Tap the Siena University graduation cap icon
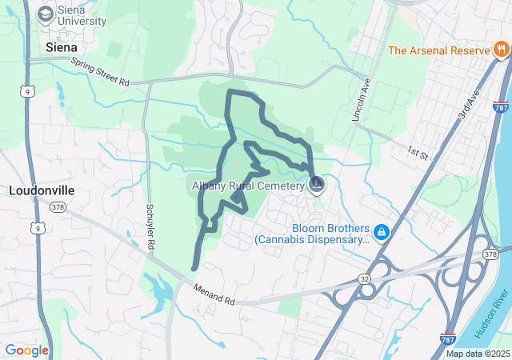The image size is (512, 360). coord(46,14)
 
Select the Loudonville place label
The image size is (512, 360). coord(41,191)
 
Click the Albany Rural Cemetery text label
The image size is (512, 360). coord(248,186)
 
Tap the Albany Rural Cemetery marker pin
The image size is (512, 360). coord(317,186)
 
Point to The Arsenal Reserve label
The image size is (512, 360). coord(438,50)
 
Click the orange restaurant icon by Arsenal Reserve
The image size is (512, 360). coord(501,50)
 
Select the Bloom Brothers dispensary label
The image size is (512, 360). coord(312,232)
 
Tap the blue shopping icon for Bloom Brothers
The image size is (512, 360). coord(382,232)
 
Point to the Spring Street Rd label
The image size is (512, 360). coord(100,71)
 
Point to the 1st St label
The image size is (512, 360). coord(418,150)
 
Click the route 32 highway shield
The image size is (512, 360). coord(364,278)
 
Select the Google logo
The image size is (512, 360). coord(26,350)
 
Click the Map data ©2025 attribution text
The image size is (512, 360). coord(478,354)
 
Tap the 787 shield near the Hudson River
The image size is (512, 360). coord(450,340)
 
